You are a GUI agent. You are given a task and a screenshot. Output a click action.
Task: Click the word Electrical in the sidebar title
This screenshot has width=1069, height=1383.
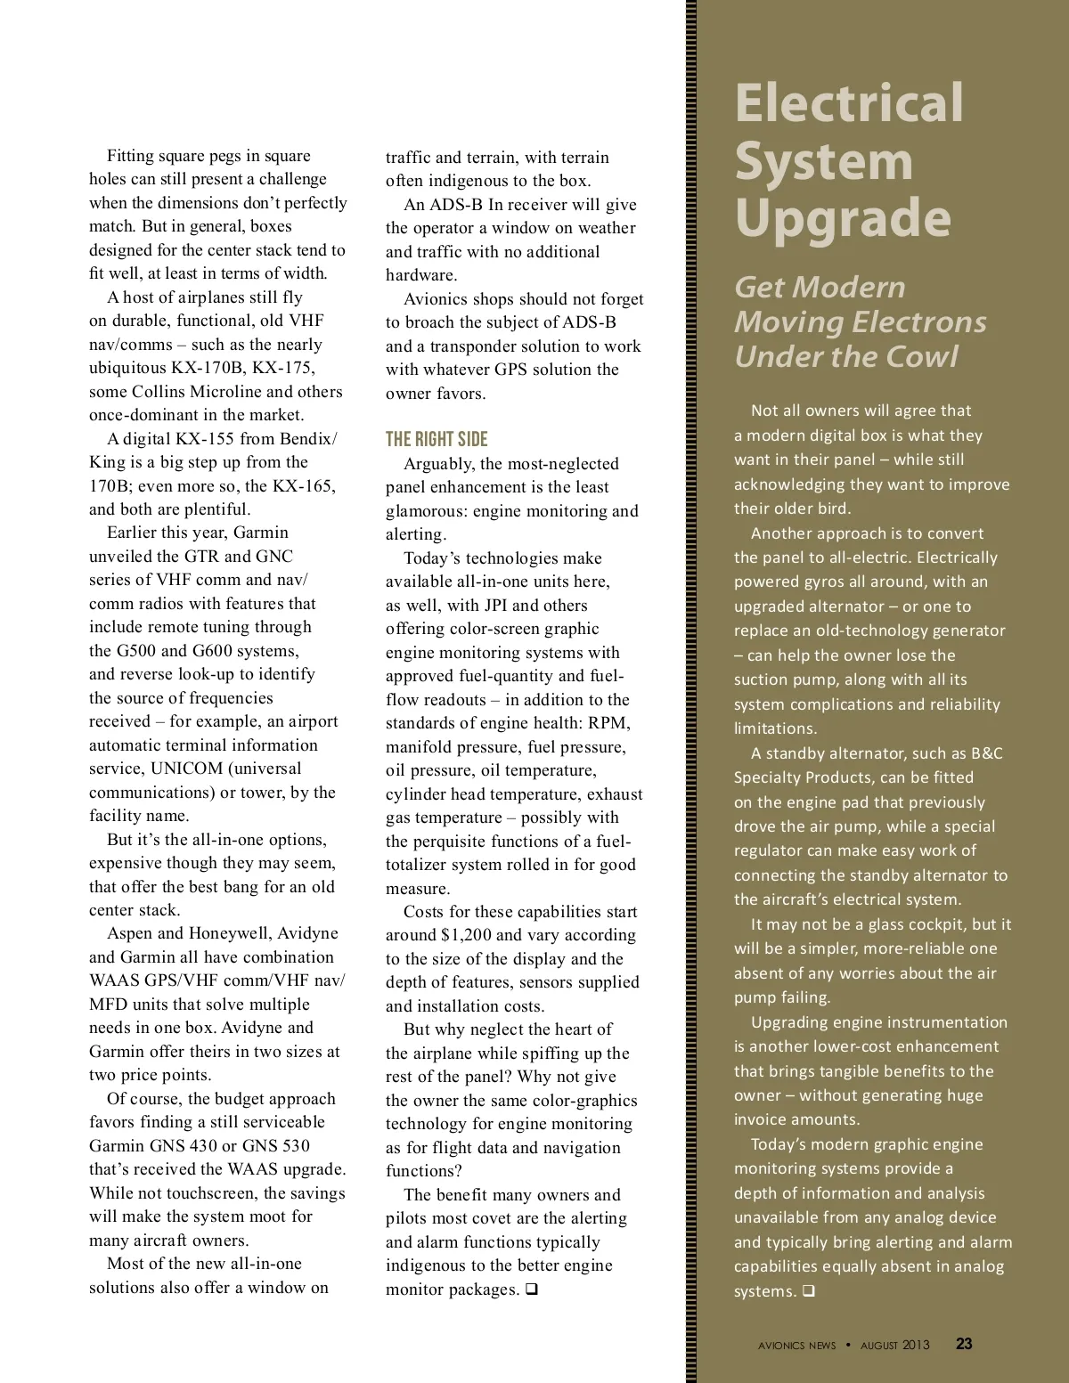(x=849, y=103)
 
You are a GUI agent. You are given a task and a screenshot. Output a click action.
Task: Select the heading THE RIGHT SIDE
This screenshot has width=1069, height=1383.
(x=437, y=439)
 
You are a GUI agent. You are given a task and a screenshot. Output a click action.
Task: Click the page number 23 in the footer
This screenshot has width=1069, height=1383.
(x=964, y=1344)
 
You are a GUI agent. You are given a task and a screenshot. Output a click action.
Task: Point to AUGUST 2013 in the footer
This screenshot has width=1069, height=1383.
(x=894, y=1345)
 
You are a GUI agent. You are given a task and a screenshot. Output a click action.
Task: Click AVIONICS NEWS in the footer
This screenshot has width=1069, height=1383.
(x=797, y=1346)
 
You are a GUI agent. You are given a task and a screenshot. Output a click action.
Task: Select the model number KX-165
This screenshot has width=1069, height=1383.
(x=306, y=486)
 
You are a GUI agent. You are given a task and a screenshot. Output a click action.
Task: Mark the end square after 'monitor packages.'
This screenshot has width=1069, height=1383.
(x=531, y=1289)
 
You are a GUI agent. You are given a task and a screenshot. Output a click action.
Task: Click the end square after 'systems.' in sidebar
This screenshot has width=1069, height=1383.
(x=808, y=1291)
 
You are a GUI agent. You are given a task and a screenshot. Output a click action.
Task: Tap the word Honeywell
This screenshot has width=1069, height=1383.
(x=225, y=933)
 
